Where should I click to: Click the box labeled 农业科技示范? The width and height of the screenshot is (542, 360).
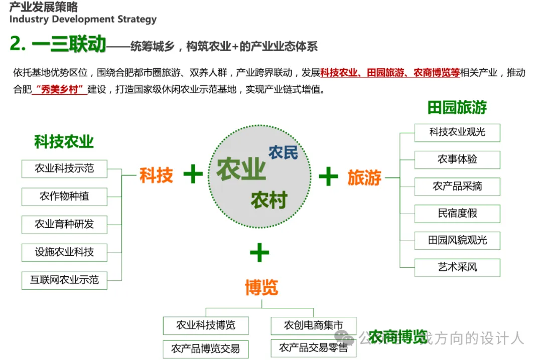pyautogui.click(x=64, y=168)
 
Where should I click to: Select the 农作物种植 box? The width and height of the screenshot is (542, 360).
pyautogui.click(x=64, y=196)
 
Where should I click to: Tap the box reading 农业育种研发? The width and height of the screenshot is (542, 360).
pyautogui.click(x=64, y=224)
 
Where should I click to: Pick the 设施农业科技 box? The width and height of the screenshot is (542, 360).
pyautogui.click(x=64, y=252)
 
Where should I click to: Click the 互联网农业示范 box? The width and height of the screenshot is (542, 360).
pyautogui.click(x=64, y=280)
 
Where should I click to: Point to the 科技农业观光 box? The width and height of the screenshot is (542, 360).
pyautogui.click(x=457, y=132)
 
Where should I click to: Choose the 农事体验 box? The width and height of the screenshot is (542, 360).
pyautogui.click(x=457, y=159)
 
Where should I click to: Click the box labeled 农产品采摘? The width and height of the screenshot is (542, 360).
pyautogui.click(x=457, y=187)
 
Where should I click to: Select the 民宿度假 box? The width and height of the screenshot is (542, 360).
pyautogui.click(x=457, y=214)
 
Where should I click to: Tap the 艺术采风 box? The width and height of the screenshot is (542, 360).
pyautogui.click(x=457, y=267)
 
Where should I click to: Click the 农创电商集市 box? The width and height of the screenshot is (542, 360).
pyautogui.click(x=313, y=325)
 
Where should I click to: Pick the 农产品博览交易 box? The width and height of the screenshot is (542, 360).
pyautogui.click(x=205, y=348)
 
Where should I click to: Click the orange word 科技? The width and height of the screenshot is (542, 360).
pyautogui.click(x=156, y=176)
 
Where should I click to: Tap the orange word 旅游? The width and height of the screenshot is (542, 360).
pyautogui.click(x=364, y=177)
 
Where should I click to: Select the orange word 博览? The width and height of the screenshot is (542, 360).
pyautogui.click(x=261, y=288)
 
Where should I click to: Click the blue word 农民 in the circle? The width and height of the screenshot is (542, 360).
pyautogui.click(x=283, y=152)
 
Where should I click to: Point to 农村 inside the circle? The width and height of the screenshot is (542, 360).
pyautogui.click(x=269, y=200)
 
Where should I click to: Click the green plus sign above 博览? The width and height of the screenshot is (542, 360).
pyautogui.click(x=259, y=253)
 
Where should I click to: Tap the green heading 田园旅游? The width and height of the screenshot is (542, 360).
pyautogui.click(x=457, y=107)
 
